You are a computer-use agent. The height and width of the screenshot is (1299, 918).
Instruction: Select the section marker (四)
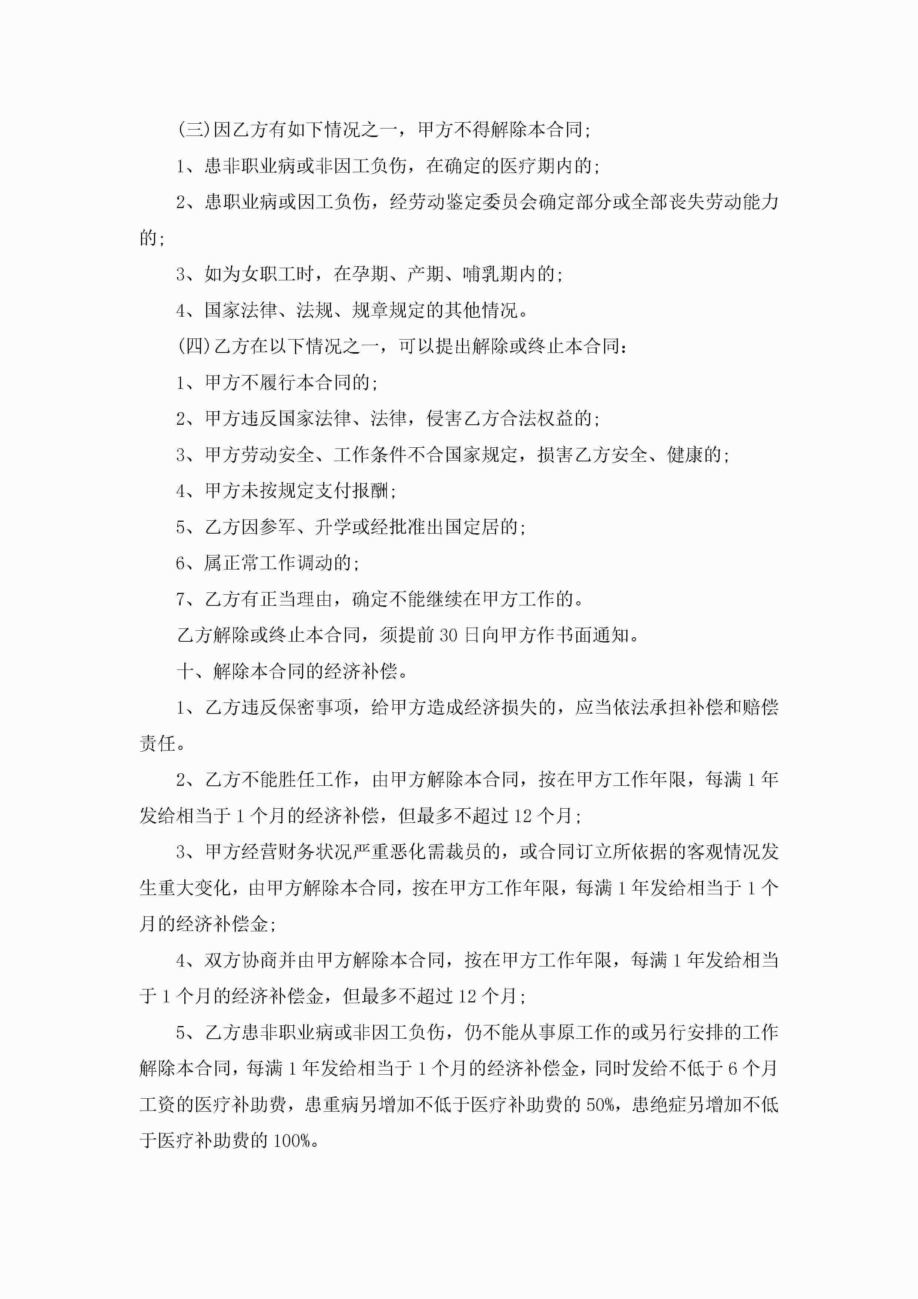click(x=194, y=346)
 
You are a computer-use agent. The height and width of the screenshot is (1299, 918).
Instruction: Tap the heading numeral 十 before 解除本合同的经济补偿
click(x=185, y=672)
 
